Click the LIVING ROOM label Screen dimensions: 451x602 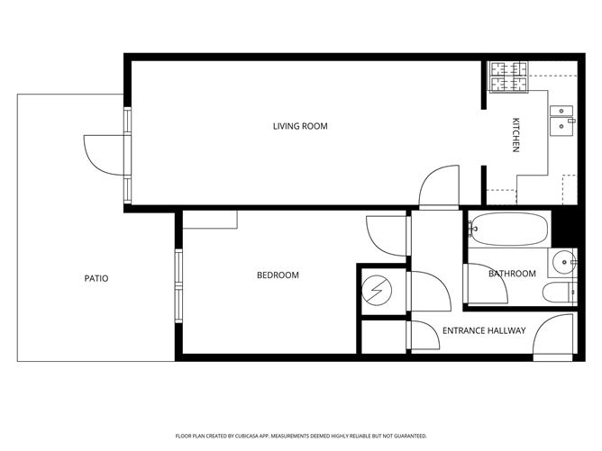pyautogui.click(x=300, y=126)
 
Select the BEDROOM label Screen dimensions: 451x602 pyautogui.click(x=278, y=275)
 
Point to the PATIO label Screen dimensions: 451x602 pyautogui.click(x=96, y=278)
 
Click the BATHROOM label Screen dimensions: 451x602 pyautogui.click(x=512, y=274)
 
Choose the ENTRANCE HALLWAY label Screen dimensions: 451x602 pyautogui.click(x=484, y=330)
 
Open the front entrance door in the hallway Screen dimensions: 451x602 pyautogui.click(x=554, y=338)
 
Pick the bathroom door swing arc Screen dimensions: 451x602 pyautogui.click(x=485, y=285)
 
